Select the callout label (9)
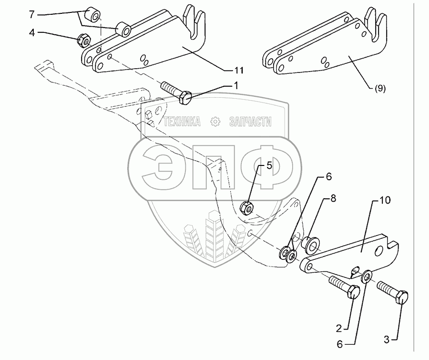pyautogui.click(x=379, y=88)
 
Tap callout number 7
pyautogui.click(x=32, y=15)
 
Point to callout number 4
pyautogui.click(x=32, y=33)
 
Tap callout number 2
pyautogui.click(x=338, y=329)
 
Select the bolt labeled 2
pyautogui.click(x=343, y=287)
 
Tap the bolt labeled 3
pyautogui.click(x=393, y=292)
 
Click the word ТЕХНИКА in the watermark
pyautogui.click(x=182, y=123)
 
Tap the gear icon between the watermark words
pyautogui.click(x=215, y=123)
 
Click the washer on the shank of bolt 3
pyautogui.click(x=367, y=276)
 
